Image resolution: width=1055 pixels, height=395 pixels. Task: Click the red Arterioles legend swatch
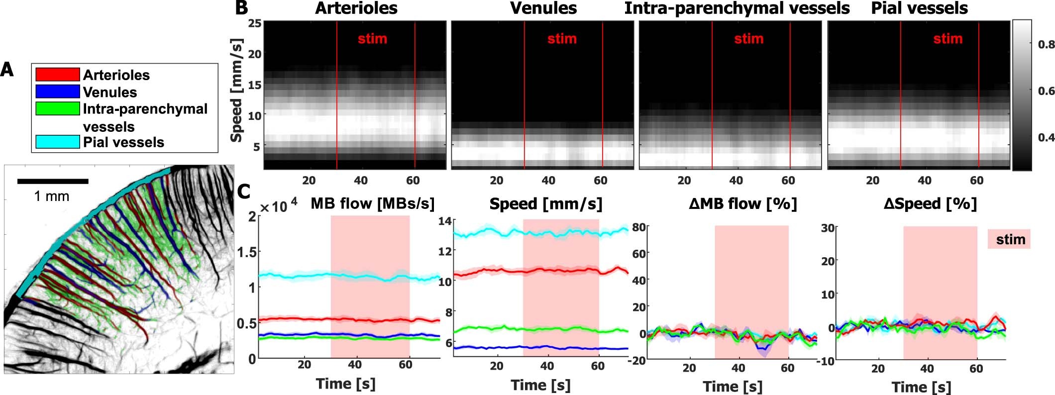[x=57, y=75]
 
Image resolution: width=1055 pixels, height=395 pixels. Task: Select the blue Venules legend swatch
[x=57, y=92]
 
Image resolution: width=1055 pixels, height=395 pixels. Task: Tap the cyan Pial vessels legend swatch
[x=57, y=142]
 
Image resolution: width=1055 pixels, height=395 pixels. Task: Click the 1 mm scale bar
[x=53, y=182]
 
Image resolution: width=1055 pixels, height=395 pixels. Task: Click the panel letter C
[x=243, y=192]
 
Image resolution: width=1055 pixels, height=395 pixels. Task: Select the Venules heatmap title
[x=543, y=8]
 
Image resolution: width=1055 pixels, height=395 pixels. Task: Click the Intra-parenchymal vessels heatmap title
[x=737, y=8]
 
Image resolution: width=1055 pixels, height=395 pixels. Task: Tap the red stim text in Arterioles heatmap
[x=372, y=39]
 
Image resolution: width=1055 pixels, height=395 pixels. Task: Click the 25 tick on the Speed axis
[x=255, y=23]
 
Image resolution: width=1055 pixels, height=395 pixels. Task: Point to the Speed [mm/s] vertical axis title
[x=237, y=91]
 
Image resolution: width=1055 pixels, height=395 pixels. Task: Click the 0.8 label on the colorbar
[x=1046, y=45]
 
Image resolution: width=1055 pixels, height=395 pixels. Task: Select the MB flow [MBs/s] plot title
[x=372, y=203]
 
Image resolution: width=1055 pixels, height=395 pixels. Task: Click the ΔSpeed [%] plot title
[x=930, y=203]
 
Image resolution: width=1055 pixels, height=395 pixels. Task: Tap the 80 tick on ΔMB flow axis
[x=639, y=228]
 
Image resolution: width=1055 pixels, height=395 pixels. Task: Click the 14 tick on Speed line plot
[x=445, y=221]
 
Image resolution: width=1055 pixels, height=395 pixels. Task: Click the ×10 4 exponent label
[x=279, y=205]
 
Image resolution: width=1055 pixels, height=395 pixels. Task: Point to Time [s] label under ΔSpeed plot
[x=921, y=387]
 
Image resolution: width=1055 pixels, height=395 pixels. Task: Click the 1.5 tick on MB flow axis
[x=248, y=252]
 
